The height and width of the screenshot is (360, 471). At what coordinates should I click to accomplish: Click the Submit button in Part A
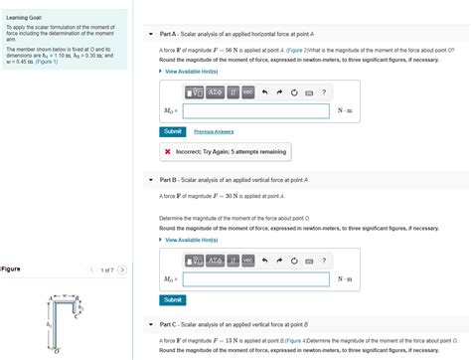click(172, 131)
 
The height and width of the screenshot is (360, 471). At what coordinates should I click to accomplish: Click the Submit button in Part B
click(172, 299)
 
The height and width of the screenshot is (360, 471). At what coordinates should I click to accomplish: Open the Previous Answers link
click(213, 131)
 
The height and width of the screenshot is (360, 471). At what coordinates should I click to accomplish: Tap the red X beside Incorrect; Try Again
click(168, 152)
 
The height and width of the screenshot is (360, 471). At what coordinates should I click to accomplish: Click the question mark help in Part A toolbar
click(324, 91)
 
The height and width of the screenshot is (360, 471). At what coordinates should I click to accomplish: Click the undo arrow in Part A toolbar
click(265, 91)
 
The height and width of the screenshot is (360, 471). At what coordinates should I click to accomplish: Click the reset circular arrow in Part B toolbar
click(294, 261)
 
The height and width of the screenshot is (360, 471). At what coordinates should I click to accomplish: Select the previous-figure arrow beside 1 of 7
click(91, 269)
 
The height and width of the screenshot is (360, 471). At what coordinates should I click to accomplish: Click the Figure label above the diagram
click(12, 269)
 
